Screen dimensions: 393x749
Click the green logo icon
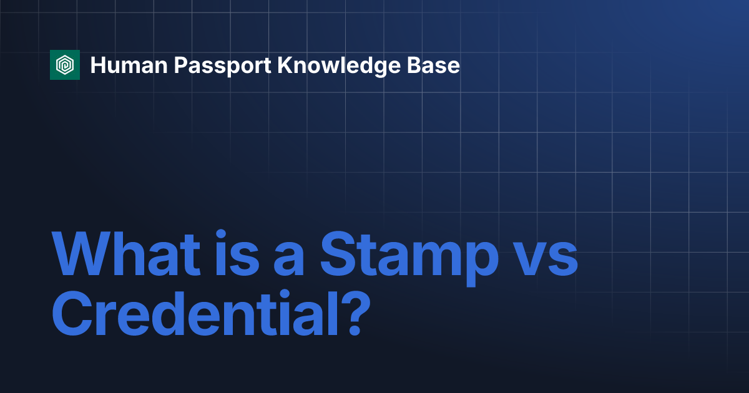[x=65, y=65]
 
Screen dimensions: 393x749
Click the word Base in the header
[x=437, y=65]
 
